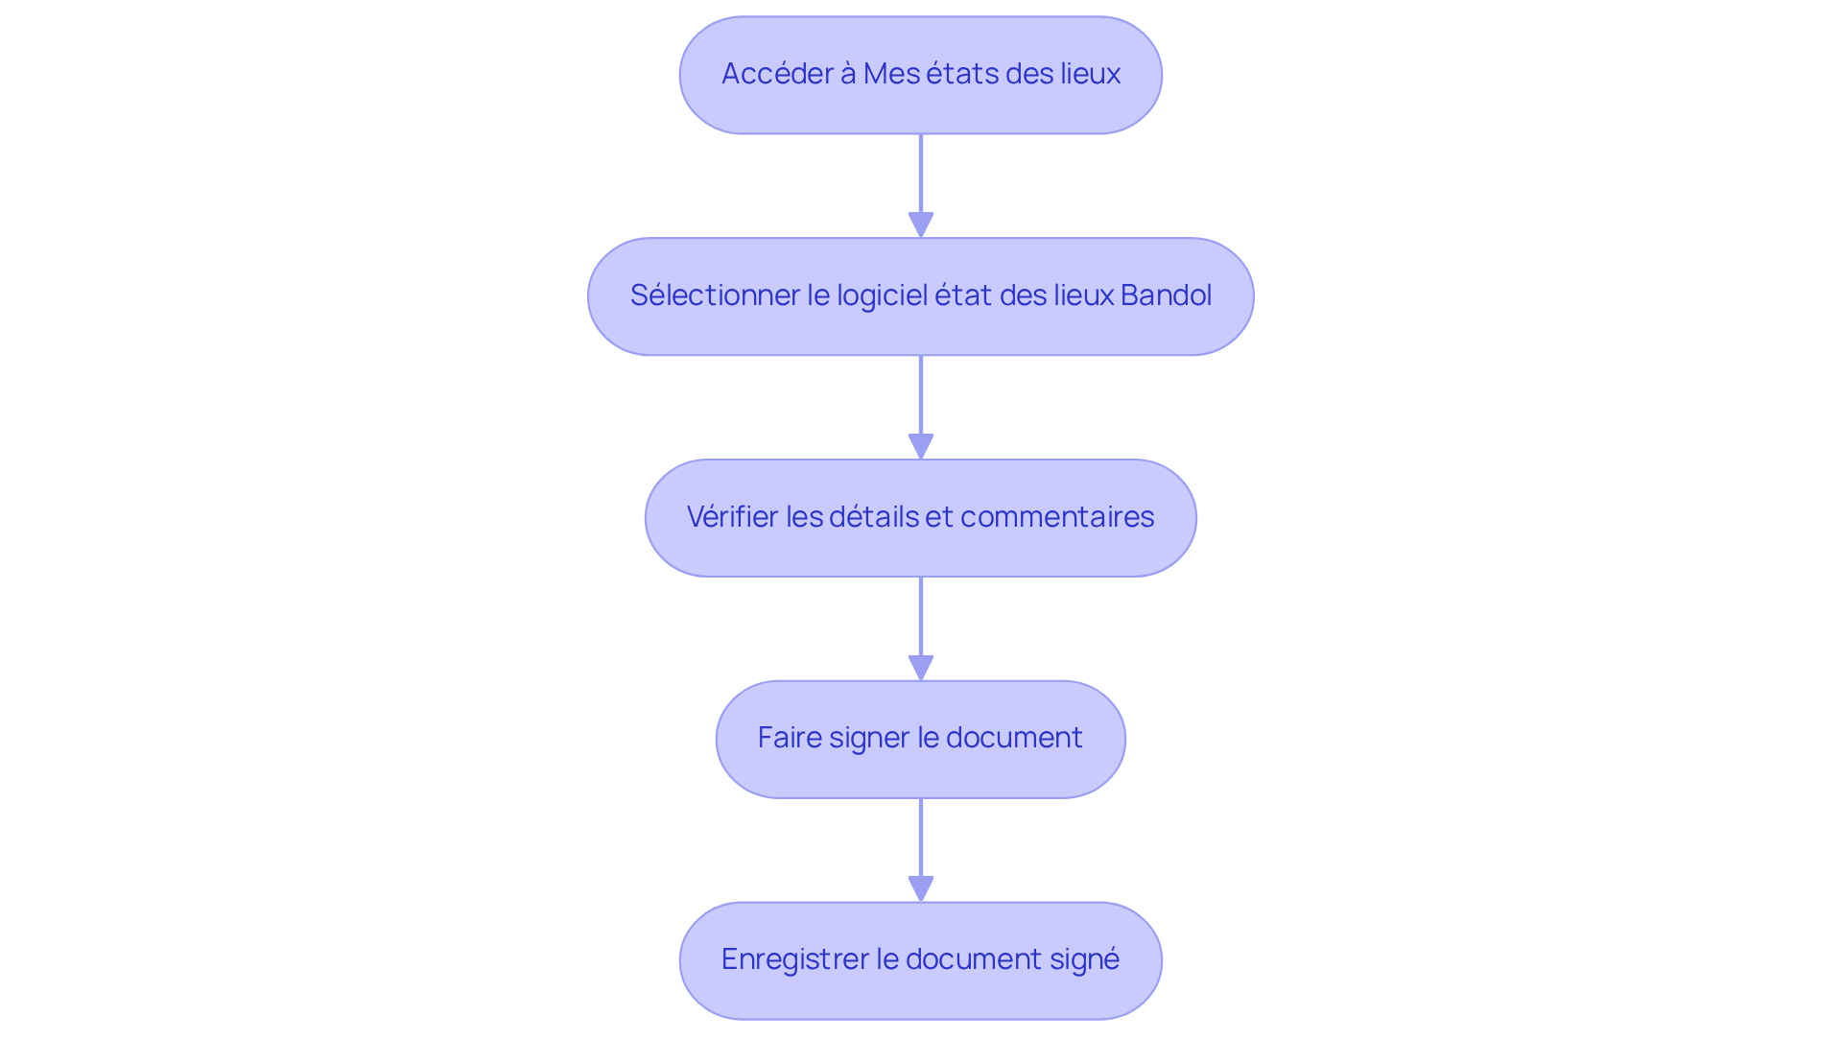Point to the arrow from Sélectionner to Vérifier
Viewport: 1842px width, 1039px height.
click(921, 406)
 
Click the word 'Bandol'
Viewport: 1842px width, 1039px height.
click(1166, 295)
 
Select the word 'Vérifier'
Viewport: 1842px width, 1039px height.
click(733, 517)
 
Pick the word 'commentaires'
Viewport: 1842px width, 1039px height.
click(1057, 517)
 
